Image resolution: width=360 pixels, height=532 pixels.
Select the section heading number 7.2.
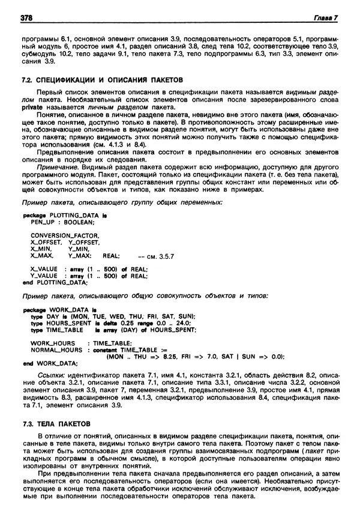tap(26, 80)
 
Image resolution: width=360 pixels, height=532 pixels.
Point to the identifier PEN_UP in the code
tap(41, 221)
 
